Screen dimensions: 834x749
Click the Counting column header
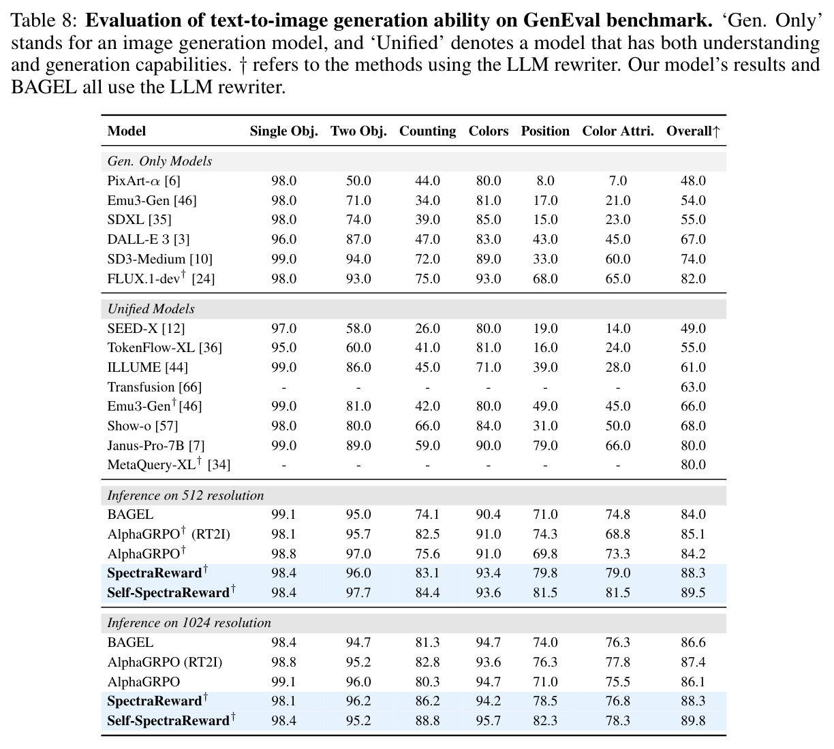(x=427, y=131)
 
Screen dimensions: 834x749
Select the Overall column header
(x=693, y=131)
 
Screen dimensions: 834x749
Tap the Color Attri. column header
(x=618, y=131)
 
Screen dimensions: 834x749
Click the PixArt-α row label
(x=144, y=180)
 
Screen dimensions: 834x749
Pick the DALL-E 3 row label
(x=149, y=239)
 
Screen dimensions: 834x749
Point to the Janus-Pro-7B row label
(x=156, y=445)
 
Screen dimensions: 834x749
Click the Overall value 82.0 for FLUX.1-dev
(x=693, y=278)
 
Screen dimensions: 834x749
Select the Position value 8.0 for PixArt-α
(x=545, y=180)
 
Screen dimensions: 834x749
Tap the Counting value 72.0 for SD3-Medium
(x=427, y=259)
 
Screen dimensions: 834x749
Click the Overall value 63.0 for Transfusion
(x=693, y=387)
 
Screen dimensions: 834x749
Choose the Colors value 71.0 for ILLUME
(x=489, y=367)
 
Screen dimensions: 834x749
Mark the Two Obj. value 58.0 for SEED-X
(x=358, y=328)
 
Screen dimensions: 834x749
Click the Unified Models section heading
(x=151, y=309)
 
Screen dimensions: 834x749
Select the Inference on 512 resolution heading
(x=185, y=495)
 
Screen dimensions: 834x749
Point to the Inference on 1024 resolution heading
(x=189, y=622)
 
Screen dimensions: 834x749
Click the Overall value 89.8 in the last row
(x=693, y=720)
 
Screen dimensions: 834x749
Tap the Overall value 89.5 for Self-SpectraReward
(x=693, y=592)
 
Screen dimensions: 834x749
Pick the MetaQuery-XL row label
(x=169, y=464)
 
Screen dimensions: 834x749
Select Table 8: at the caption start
(x=44, y=20)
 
